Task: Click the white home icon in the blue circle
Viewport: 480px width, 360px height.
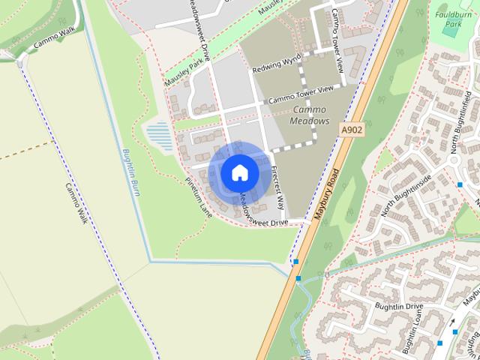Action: (x=239, y=172)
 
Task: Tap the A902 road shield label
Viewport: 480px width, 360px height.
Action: (x=351, y=130)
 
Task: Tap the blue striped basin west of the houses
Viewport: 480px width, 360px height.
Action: (x=159, y=136)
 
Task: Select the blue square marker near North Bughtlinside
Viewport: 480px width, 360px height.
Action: (x=460, y=184)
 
